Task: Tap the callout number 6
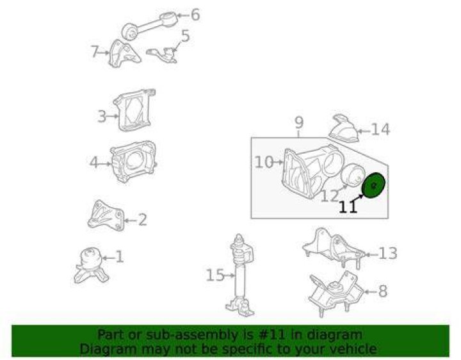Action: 195,14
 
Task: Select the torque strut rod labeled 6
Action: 149,26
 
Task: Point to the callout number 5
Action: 185,36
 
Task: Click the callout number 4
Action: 93,162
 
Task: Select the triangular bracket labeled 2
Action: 106,215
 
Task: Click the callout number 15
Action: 215,275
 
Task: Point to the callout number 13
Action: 388,253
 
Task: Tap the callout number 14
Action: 380,129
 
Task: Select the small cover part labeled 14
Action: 344,128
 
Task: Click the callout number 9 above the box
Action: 299,123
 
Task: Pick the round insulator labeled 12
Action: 353,176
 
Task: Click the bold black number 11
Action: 348,207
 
